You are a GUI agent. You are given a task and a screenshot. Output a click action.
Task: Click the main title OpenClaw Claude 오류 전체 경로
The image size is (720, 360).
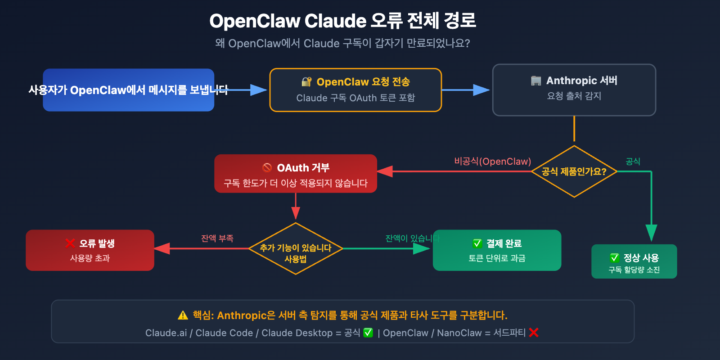click(342, 21)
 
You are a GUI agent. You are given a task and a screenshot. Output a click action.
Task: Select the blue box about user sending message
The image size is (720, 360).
click(128, 90)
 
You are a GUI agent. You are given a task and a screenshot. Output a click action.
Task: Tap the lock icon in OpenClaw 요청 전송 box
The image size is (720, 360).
click(306, 82)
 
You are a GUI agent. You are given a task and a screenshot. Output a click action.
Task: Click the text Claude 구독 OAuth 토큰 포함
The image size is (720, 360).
click(355, 98)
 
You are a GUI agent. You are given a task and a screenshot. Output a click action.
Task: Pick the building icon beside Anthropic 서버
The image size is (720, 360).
click(536, 81)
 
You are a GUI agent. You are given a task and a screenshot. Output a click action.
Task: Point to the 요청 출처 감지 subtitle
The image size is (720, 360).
click(574, 96)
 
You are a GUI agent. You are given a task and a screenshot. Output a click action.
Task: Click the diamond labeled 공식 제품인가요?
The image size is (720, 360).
click(574, 171)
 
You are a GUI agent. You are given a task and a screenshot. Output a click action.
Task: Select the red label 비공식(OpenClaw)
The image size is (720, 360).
click(492, 161)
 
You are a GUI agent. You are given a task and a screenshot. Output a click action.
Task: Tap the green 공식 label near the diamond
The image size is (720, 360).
click(633, 161)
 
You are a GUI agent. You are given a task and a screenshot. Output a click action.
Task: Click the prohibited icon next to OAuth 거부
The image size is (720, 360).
click(267, 167)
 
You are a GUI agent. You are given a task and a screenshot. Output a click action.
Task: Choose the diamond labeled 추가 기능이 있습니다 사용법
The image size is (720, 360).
click(296, 249)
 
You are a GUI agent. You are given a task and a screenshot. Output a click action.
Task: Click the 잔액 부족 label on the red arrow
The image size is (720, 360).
click(217, 238)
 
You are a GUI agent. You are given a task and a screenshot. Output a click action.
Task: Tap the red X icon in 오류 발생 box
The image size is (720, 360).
click(70, 243)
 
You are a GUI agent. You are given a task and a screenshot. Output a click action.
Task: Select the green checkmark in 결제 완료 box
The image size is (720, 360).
click(477, 243)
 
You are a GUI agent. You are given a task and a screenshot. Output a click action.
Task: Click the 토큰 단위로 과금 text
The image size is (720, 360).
click(497, 258)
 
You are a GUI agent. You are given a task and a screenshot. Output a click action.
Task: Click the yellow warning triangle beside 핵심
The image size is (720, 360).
click(183, 315)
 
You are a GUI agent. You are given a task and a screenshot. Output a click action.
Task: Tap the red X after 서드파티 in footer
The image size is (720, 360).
click(534, 333)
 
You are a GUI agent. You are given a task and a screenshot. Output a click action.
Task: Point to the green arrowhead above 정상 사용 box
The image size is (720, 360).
click(651, 232)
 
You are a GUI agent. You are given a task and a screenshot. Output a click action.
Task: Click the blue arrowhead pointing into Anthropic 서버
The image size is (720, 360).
click(481, 90)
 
